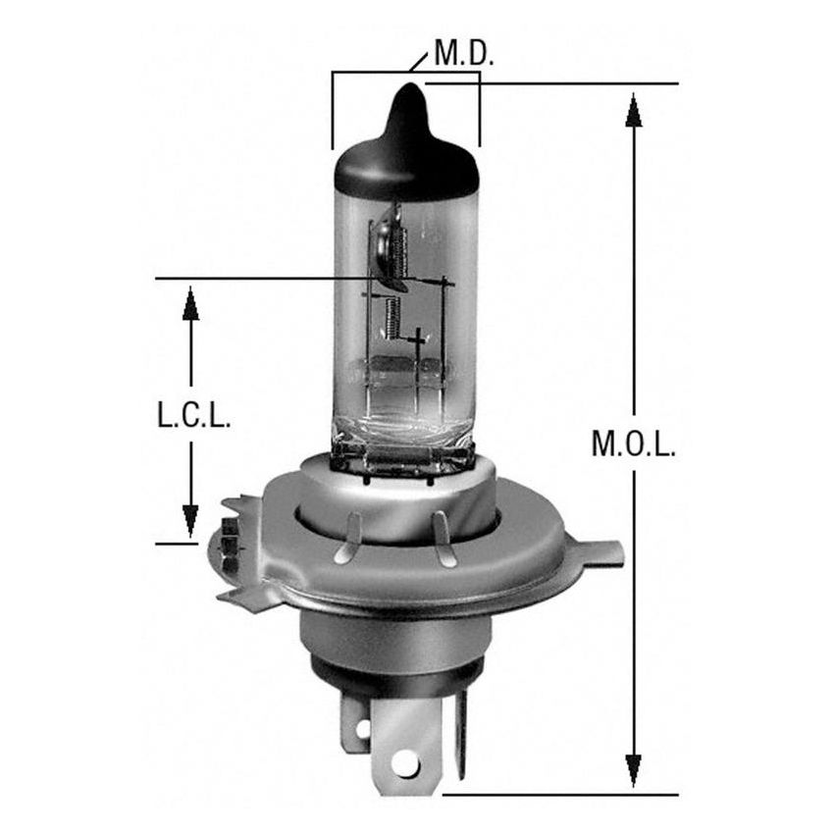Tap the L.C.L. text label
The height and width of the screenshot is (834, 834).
click(192, 418)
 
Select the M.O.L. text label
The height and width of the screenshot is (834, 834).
click(633, 444)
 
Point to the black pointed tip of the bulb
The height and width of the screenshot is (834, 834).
click(407, 105)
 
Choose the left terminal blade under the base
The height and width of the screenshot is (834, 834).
click(359, 727)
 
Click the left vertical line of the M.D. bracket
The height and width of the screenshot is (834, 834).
click(334, 108)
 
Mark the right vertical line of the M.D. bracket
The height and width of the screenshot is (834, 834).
click(479, 113)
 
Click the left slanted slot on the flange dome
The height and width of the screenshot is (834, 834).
click(349, 541)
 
